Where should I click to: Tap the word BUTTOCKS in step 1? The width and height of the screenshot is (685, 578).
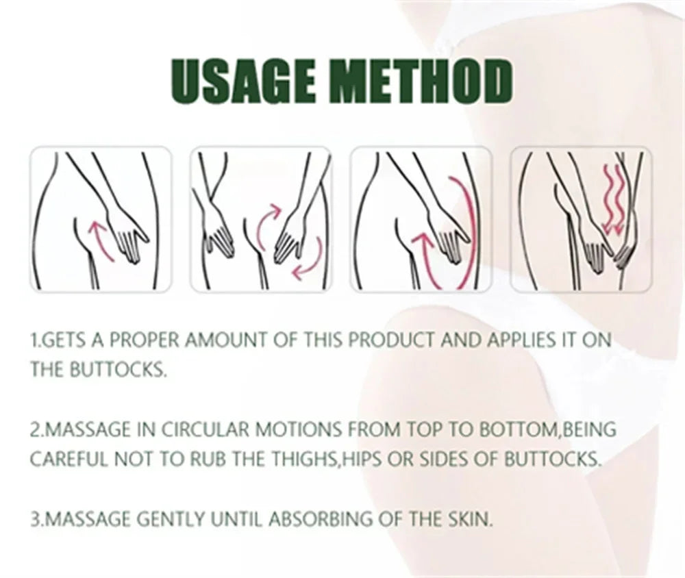[118, 370]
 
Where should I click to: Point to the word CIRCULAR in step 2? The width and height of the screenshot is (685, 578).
[204, 429]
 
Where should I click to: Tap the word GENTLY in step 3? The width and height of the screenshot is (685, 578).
[171, 520]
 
